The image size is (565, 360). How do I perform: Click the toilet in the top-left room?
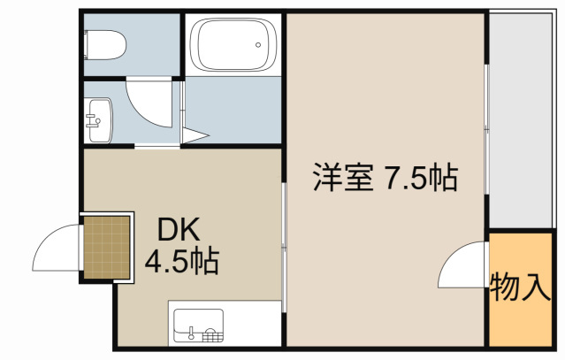point(107,42)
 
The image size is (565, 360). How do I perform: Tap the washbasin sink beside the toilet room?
point(100,118)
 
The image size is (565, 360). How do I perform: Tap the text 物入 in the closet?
point(521,288)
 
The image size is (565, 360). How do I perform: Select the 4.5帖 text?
point(183,262)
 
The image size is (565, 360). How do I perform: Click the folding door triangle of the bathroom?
point(195,135)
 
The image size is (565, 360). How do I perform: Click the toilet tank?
point(88,42)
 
